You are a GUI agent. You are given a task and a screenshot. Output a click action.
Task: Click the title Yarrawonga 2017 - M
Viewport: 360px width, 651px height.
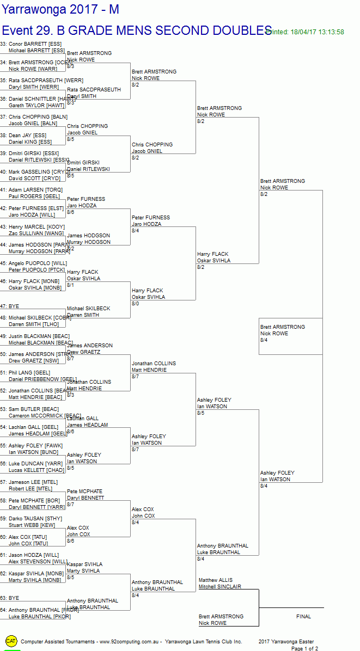(x=60, y=9)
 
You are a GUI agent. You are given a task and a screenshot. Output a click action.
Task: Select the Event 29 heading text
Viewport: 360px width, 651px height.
(x=136, y=30)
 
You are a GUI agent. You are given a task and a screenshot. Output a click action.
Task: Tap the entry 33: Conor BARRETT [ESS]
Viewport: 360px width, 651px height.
(x=32, y=44)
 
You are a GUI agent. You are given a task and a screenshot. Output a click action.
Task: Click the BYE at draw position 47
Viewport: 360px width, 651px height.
(x=13, y=306)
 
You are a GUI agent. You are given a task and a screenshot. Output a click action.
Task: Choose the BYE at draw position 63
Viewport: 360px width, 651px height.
(x=13, y=598)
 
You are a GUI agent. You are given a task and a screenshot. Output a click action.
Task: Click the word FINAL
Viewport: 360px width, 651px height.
(x=303, y=617)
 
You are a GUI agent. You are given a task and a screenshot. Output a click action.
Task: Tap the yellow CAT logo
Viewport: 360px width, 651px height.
(x=11, y=641)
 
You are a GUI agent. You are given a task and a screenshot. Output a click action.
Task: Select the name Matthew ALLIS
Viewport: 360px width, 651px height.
(x=216, y=580)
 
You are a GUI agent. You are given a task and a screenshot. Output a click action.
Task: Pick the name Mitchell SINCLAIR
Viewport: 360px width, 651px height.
(x=219, y=587)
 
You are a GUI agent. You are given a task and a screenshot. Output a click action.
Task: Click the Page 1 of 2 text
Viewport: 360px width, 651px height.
(x=304, y=648)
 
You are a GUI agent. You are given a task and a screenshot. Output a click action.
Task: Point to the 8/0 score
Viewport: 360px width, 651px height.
(x=136, y=304)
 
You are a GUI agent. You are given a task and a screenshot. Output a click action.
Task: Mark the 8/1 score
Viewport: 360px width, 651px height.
(x=71, y=285)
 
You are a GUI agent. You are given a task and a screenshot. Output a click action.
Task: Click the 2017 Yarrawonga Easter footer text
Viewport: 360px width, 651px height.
(x=286, y=642)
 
